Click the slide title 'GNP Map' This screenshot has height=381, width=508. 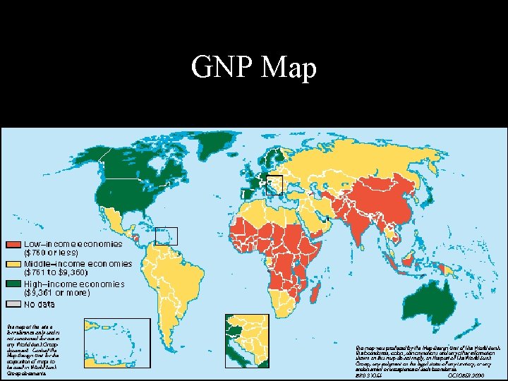point(253,68)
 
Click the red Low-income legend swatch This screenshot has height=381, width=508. point(13,244)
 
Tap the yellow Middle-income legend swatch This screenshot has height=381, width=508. point(13,264)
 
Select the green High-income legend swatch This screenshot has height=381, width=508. point(13,284)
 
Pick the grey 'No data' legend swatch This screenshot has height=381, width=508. point(13,305)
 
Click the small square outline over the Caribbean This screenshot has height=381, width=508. point(167,236)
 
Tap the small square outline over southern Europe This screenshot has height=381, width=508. point(274,184)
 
